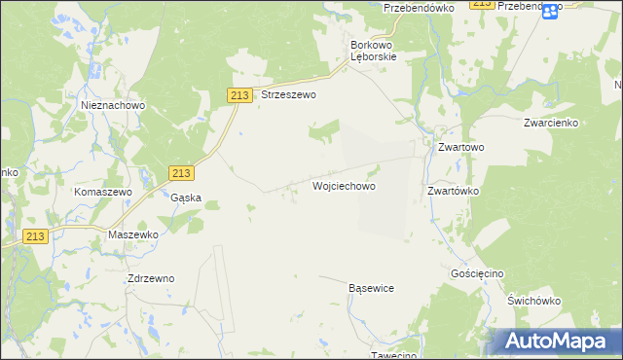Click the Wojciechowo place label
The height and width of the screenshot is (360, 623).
coord(344,185)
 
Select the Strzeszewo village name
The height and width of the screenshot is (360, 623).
coord(289,96)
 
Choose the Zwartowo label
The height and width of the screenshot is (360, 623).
coord(460,147)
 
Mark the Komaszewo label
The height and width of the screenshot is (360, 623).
coord(103,193)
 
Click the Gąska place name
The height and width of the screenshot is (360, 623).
coord(185,198)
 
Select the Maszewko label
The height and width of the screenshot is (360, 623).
coord(133,235)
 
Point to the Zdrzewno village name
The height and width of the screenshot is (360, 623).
coord(151,278)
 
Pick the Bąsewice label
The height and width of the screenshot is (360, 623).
coord(371,289)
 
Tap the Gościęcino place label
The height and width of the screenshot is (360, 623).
coord(477,274)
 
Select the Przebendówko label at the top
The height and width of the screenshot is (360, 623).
coord(420,7)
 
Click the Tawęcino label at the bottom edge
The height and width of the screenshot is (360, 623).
coord(394,354)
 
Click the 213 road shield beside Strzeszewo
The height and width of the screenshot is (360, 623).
coord(241,94)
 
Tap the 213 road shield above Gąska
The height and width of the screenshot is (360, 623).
coord(180,172)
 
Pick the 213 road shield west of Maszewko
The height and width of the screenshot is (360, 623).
coord(36,236)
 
